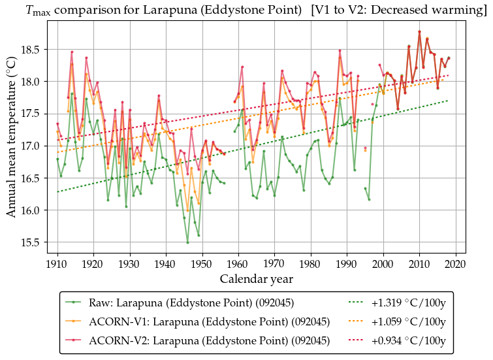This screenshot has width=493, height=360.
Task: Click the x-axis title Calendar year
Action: click(x=256, y=279)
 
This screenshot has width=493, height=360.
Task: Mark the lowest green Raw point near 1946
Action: click(x=187, y=243)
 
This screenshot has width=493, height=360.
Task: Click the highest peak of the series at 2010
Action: click(x=419, y=31)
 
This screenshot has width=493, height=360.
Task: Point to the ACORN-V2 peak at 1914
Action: click(x=72, y=52)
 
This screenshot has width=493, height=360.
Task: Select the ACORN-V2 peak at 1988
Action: click(x=340, y=50)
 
